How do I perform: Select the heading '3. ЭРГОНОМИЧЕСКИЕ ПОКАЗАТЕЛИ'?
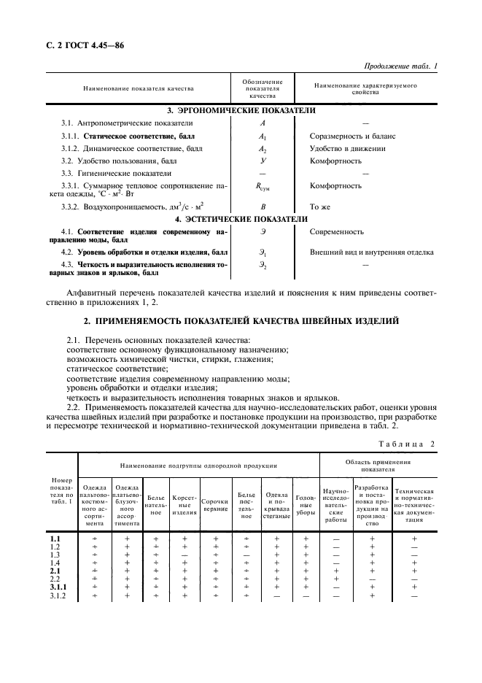point(241,110)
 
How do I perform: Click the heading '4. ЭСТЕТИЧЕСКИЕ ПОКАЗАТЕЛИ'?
point(241,218)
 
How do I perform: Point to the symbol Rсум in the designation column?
point(263,186)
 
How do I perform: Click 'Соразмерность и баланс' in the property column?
point(352,136)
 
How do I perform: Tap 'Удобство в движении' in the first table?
point(347,148)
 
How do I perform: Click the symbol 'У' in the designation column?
point(263,161)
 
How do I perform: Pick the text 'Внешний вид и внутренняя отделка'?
point(372,252)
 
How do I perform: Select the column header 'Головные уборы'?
point(306,503)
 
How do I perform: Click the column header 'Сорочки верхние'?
point(215,503)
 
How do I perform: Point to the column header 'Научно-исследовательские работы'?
point(336,503)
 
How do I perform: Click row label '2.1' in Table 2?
point(54,571)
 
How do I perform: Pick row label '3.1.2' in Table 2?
point(55,596)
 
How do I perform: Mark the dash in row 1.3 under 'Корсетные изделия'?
point(184,555)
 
